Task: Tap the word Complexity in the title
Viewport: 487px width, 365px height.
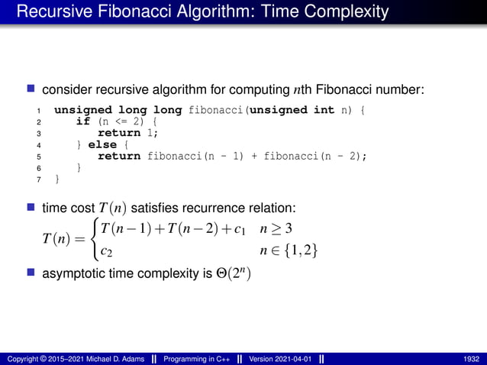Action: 347,12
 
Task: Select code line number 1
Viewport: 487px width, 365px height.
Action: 39,111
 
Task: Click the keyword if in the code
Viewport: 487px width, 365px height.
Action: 82,121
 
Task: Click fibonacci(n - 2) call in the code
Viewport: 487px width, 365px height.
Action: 315,156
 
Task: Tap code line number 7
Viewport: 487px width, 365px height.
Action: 39,179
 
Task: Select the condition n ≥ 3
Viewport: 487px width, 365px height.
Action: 277,228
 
